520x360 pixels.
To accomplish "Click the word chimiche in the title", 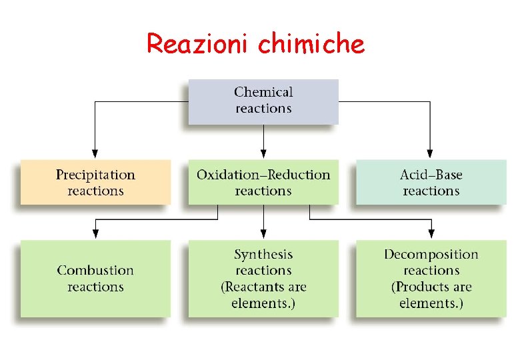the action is pyautogui.click(x=311, y=44).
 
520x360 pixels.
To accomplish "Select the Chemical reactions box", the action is pyautogui.click(x=263, y=101).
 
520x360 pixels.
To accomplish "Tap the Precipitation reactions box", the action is pyautogui.click(x=95, y=182).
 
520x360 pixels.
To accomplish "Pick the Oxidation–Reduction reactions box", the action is pyautogui.click(x=263, y=182).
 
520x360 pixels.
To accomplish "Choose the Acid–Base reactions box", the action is pyautogui.click(x=431, y=182).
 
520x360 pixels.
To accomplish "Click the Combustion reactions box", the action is pyautogui.click(x=95, y=278).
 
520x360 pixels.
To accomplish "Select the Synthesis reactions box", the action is pyautogui.click(x=263, y=278).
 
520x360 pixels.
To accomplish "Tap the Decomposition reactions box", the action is pyautogui.click(x=431, y=278).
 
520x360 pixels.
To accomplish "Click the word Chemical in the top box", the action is pyautogui.click(x=263, y=92).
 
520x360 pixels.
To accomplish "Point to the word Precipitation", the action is pyautogui.click(x=95, y=175).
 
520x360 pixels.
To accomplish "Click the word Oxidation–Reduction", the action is pyautogui.click(x=263, y=175).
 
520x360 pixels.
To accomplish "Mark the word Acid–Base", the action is pyautogui.click(x=431, y=175).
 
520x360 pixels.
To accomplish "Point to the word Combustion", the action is pyautogui.click(x=95, y=270).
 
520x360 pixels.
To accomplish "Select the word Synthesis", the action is pyautogui.click(x=263, y=254).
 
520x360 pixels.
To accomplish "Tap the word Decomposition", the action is pyautogui.click(x=431, y=254).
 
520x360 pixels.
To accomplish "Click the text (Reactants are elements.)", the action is pyautogui.click(x=263, y=295).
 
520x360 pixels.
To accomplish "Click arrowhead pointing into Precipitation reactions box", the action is pyautogui.click(x=95, y=153).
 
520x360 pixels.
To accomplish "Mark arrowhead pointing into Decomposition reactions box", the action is pyautogui.click(x=431, y=233).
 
